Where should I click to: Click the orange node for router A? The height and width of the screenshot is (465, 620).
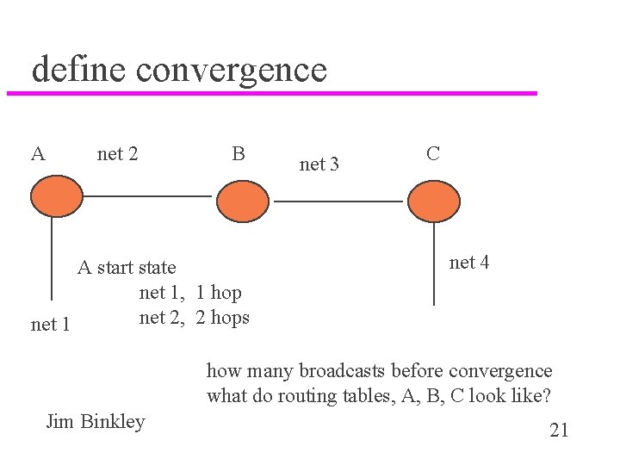[x=56, y=196]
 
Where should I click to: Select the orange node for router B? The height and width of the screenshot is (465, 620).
[x=243, y=201]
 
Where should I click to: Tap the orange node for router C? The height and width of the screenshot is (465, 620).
[x=434, y=201]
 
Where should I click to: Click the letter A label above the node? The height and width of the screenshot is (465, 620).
[x=38, y=155]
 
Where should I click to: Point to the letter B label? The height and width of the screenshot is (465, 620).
[x=239, y=154]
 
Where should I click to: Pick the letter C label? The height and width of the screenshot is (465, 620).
[x=433, y=153]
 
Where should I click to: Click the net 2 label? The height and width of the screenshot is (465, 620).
[x=118, y=155]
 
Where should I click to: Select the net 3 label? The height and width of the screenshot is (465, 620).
[x=319, y=164]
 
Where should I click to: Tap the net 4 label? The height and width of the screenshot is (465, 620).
[x=469, y=263]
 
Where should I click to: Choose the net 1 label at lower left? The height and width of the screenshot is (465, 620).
[x=50, y=325]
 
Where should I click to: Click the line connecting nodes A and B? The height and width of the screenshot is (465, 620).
[x=146, y=196]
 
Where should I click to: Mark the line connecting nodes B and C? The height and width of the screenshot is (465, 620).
[x=338, y=201]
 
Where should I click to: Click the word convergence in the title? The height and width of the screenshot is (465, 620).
[x=232, y=69]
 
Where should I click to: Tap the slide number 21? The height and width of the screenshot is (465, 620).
[x=559, y=431]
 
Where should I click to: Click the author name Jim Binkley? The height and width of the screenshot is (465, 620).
[x=95, y=421]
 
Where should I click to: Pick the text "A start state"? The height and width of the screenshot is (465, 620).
[x=127, y=267]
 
